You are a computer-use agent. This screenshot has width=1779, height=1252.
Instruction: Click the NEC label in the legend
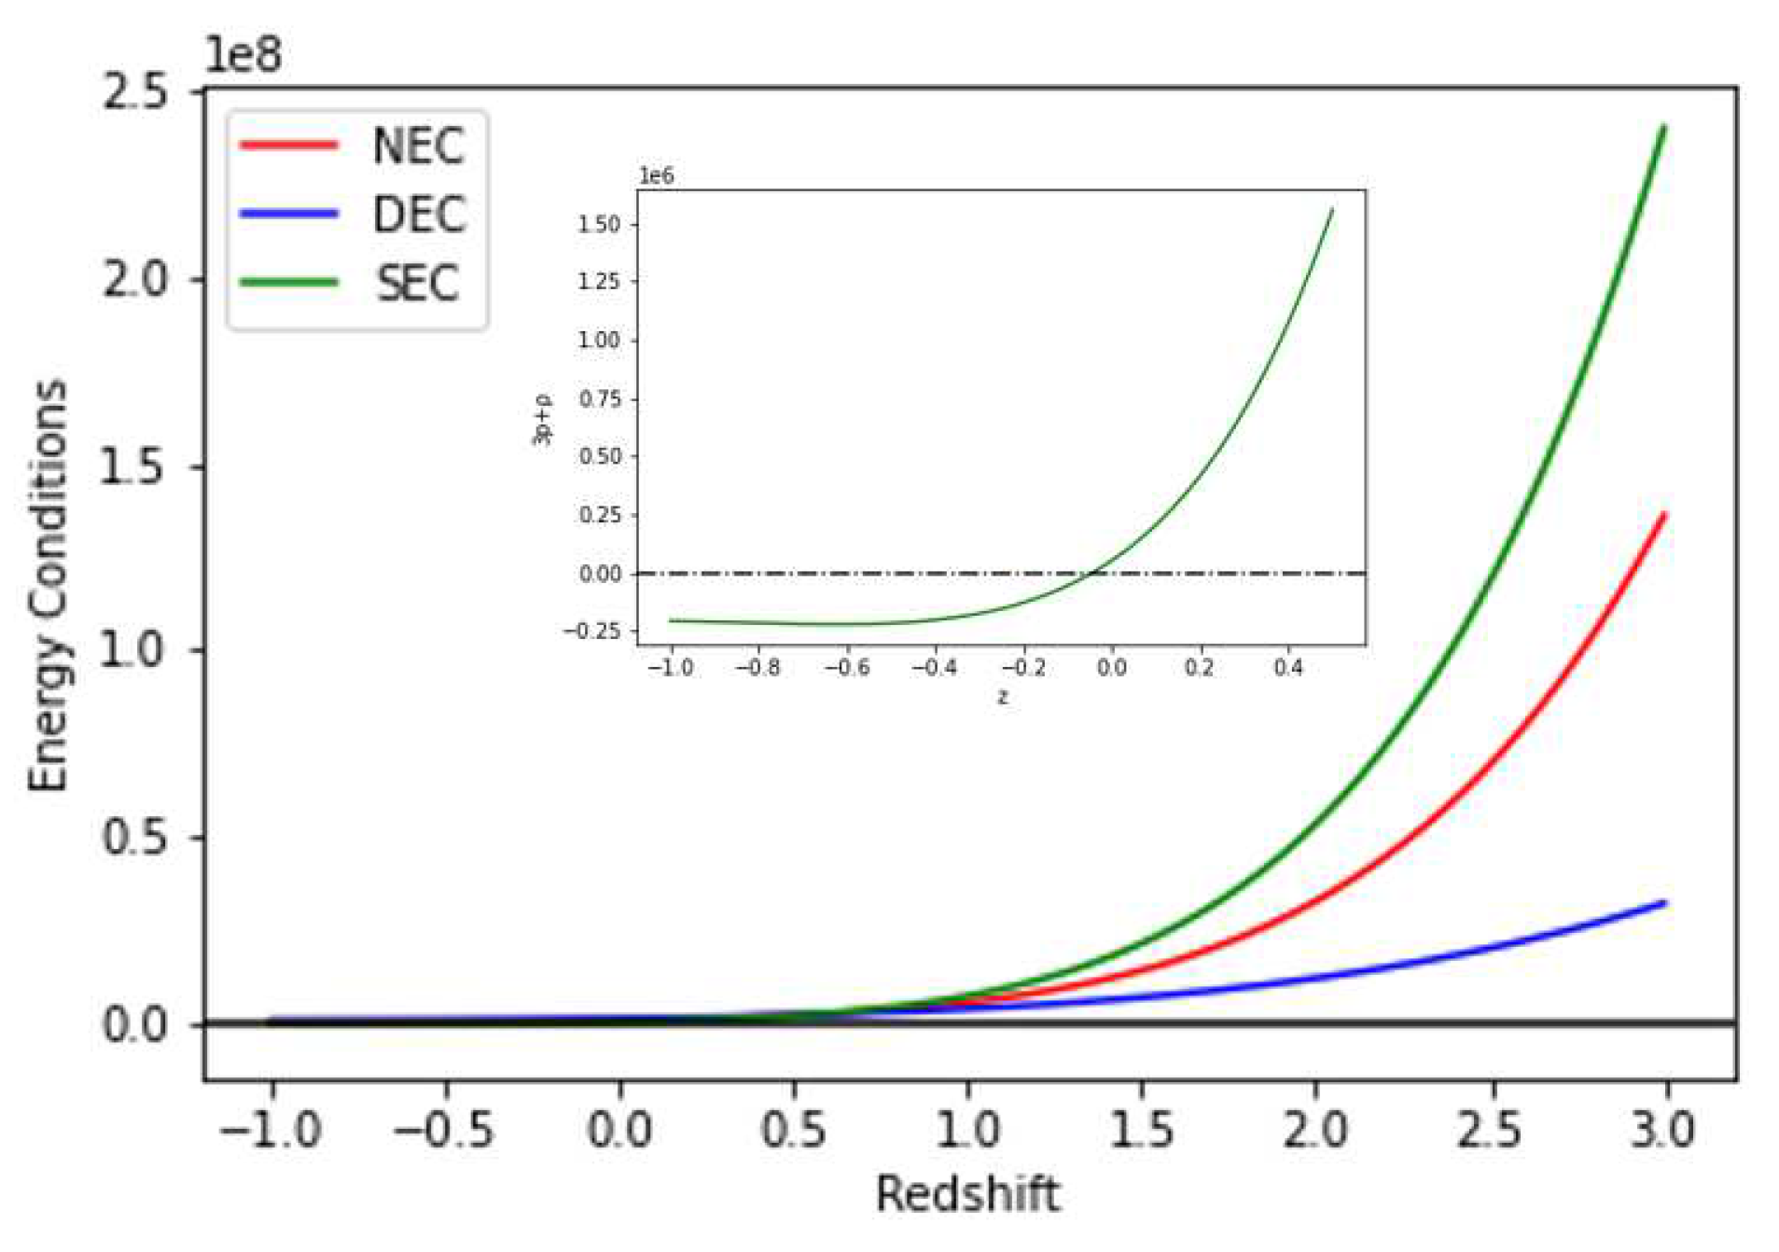pyautogui.click(x=418, y=146)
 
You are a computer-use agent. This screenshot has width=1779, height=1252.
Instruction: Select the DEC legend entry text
pyautogui.click(x=419, y=216)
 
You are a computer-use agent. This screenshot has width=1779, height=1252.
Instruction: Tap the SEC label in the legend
pyautogui.click(x=417, y=284)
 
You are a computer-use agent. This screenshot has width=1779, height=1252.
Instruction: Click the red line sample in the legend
pyautogui.click(x=288, y=145)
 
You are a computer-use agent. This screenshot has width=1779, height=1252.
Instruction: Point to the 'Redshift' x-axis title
pyautogui.click(x=967, y=1194)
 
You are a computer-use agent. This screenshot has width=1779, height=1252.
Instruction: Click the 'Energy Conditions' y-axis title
pyautogui.click(x=49, y=586)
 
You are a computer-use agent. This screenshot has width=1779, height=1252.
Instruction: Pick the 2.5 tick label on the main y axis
pyautogui.click(x=135, y=92)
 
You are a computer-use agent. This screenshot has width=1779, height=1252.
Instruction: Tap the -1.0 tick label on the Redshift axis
pyautogui.click(x=271, y=1131)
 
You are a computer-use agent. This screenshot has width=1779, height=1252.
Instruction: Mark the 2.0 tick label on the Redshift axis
pyautogui.click(x=1315, y=1131)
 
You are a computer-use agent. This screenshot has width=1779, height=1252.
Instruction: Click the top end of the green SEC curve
pyautogui.click(x=1663, y=128)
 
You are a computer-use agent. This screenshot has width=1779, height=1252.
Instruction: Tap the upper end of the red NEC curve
pyautogui.click(x=1663, y=514)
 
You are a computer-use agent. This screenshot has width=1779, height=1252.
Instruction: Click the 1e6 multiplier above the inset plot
pyautogui.click(x=656, y=176)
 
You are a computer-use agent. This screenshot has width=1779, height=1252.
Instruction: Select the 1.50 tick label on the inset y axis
pyautogui.click(x=599, y=225)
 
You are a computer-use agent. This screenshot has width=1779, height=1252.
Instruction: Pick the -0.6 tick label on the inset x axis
pyautogui.click(x=847, y=668)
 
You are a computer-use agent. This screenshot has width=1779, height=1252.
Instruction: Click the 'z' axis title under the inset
pyautogui.click(x=1003, y=697)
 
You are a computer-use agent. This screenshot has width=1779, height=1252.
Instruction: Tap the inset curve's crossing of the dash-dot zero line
pyautogui.click(x=1093, y=573)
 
